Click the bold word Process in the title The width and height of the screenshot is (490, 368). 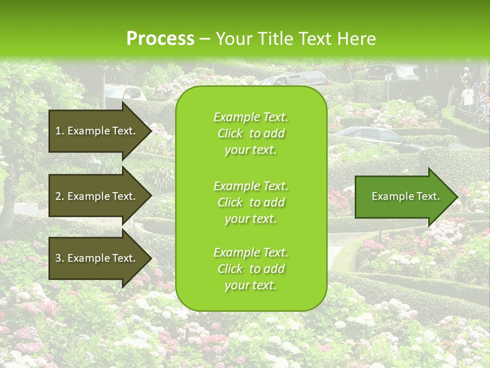[x=160, y=39]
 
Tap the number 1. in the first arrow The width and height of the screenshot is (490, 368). [x=60, y=131]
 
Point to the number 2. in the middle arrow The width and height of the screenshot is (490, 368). [x=60, y=196]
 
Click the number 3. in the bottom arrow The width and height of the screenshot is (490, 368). [x=60, y=258]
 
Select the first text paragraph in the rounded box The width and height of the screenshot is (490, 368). [x=251, y=133]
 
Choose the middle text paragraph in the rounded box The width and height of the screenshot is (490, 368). [x=251, y=202]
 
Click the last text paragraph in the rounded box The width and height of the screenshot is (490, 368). [x=251, y=269]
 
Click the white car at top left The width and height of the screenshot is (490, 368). [x=125, y=92]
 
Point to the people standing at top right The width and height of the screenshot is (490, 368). [x=472, y=95]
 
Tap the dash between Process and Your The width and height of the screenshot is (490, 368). [x=205, y=39]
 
